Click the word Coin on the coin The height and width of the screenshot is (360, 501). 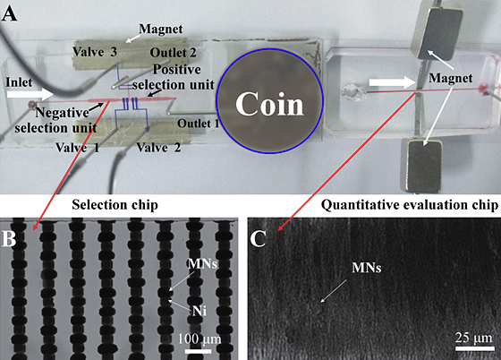[269, 104]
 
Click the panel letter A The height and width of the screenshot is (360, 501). [9, 14]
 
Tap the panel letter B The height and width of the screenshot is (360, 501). [9, 238]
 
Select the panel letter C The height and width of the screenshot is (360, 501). [258, 238]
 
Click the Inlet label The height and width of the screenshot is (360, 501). [19, 82]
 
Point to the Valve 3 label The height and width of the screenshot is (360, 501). [95, 52]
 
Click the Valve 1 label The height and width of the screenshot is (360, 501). [77, 148]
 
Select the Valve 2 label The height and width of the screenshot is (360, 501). [158, 148]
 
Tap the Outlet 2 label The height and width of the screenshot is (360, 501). [174, 53]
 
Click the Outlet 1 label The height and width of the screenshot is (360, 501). [199, 124]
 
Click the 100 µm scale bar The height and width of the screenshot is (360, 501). [198, 351]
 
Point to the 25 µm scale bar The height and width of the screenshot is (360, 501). [474, 348]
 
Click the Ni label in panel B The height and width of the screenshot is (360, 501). [200, 311]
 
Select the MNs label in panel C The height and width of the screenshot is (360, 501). [367, 268]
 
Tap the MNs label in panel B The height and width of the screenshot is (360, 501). [202, 264]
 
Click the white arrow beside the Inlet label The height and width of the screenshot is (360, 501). [30, 95]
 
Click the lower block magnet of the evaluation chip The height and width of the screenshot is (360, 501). [422, 167]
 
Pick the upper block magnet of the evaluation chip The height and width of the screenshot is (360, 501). [437, 30]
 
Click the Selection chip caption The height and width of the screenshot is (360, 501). [115, 205]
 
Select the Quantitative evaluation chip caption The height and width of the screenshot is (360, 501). [410, 205]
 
